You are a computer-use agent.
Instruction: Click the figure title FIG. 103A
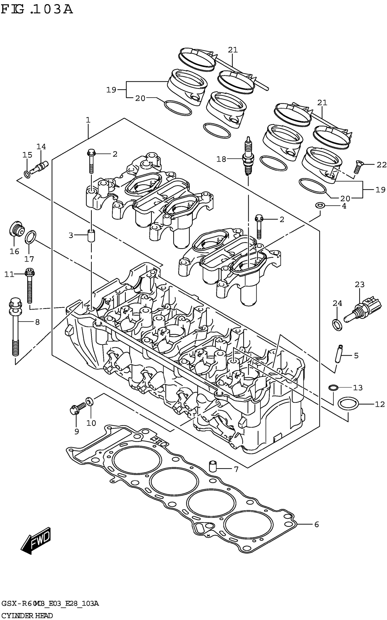click(37, 10)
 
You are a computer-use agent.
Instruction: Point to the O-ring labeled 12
click(348, 404)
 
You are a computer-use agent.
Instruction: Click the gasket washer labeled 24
click(337, 325)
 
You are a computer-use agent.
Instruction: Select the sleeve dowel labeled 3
click(91, 235)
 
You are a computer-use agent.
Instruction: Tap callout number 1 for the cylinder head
click(88, 120)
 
